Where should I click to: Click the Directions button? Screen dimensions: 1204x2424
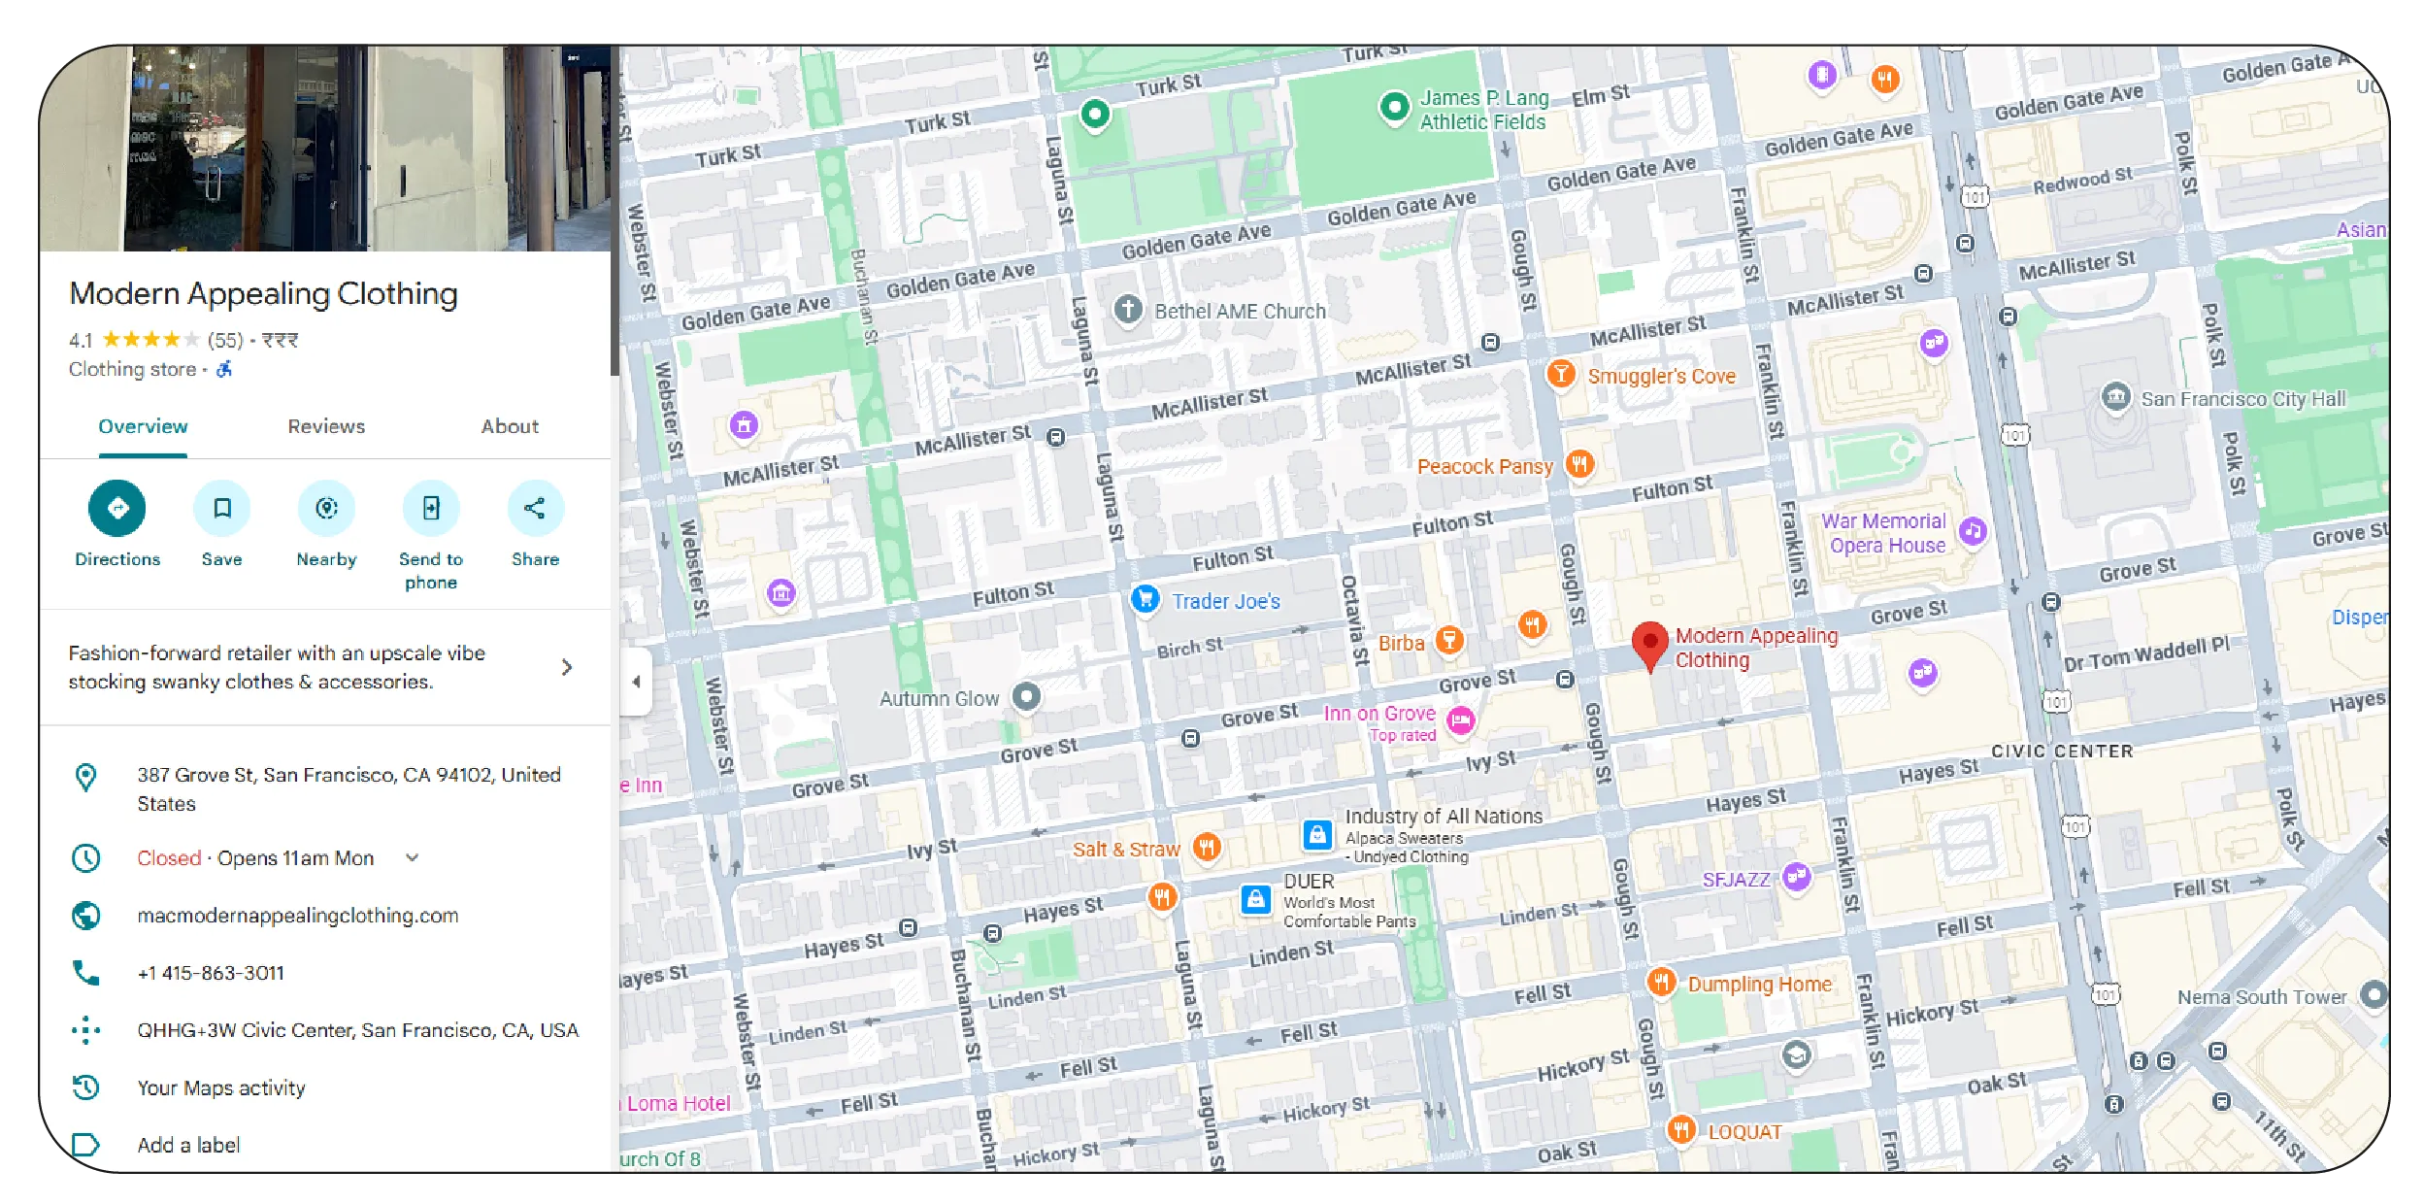coord(117,509)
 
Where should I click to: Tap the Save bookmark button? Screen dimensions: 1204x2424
coord(222,509)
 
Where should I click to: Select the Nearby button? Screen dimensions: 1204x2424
coord(326,509)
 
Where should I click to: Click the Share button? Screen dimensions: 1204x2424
coord(535,509)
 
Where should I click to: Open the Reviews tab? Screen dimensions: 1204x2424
coord(326,426)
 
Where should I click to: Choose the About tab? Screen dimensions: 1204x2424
coord(510,426)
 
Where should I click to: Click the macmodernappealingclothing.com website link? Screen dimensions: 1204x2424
coord(297,916)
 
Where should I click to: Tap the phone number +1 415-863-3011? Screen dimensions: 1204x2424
coord(211,973)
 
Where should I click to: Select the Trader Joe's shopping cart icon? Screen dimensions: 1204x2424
coord(1146,599)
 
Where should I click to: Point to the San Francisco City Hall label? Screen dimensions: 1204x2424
coord(2242,399)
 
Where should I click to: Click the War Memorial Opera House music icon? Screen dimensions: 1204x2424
coord(1972,531)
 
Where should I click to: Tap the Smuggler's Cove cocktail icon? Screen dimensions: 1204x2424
coord(1560,374)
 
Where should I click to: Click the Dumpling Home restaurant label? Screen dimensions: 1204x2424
coord(1759,984)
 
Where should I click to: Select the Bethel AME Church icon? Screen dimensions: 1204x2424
coord(1127,311)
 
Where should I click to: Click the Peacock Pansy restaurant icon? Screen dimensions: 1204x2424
coord(1579,464)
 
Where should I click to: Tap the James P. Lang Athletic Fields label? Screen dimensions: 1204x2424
coord(1482,110)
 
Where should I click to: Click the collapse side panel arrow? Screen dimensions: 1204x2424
coord(636,682)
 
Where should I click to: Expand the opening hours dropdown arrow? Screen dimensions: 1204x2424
coord(413,858)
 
